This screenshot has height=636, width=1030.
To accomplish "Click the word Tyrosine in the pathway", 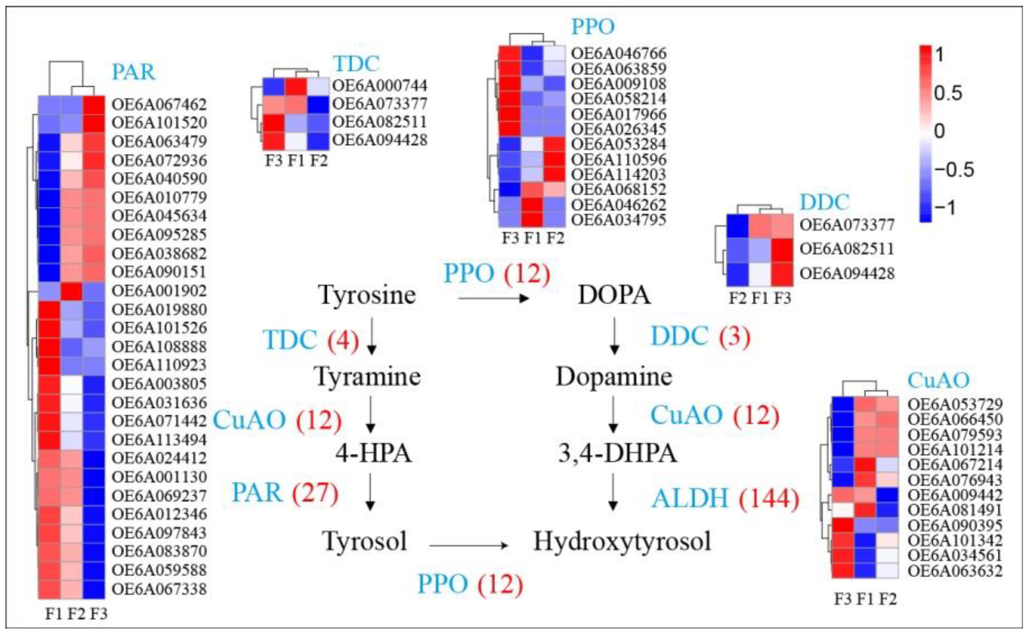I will (367, 295).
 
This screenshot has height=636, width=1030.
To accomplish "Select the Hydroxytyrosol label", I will (622, 541).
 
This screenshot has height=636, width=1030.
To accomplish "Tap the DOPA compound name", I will (614, 295).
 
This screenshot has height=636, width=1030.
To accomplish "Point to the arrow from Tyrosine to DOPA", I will (493, 299).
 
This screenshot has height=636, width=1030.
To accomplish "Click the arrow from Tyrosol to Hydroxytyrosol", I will (468, 546).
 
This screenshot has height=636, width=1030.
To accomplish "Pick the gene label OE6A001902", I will (159, 291).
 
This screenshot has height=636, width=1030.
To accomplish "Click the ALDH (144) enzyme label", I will (725, 499).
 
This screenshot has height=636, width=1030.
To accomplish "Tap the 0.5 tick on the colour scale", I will (948, 93).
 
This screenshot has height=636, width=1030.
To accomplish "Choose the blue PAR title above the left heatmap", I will (133, 72).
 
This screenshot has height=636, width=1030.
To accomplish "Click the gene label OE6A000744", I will (380, 85).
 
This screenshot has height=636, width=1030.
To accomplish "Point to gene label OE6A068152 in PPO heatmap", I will (618, 189).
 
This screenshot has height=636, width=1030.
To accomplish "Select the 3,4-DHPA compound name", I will (617, 454).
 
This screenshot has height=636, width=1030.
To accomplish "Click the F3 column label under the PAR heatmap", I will (99, 614).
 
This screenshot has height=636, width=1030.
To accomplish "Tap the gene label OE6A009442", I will (955, 495).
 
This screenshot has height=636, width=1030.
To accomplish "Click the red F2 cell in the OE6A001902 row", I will (72, 291).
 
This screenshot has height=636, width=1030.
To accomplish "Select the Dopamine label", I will (614, 376).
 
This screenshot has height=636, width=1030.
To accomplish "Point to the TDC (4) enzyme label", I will (310, 340).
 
